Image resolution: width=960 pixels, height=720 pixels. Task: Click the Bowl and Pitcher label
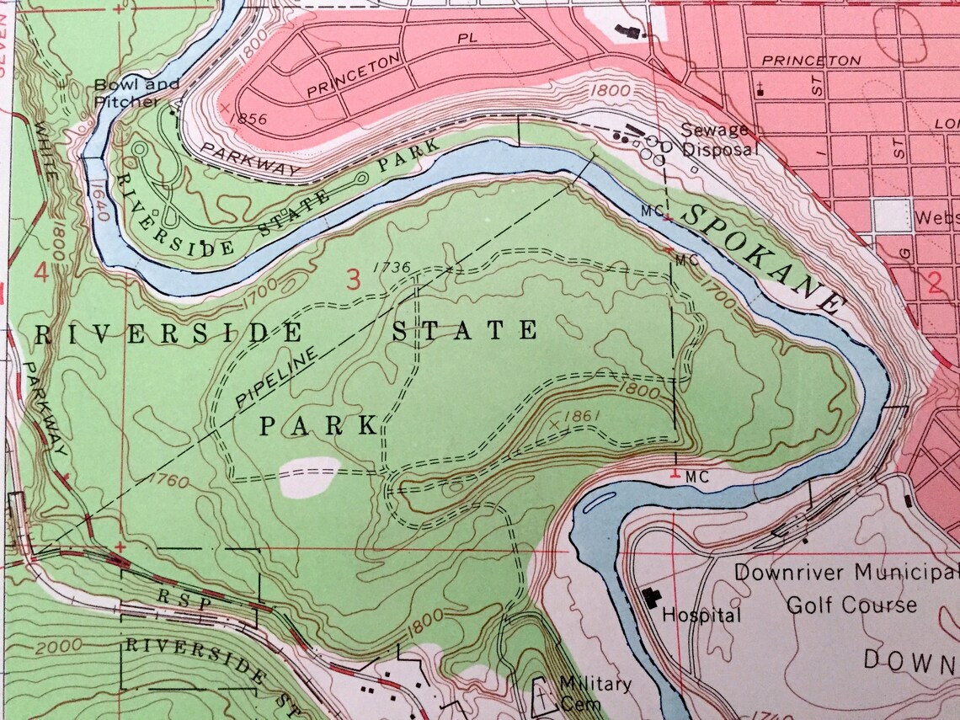point(136,93)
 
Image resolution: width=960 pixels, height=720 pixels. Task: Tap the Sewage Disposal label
point(719,139)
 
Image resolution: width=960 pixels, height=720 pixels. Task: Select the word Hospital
point(701,615)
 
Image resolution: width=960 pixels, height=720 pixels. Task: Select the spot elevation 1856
point(248,120)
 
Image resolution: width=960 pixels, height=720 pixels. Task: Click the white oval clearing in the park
point(308,477)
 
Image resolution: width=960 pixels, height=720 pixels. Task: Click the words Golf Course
point(851,605)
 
